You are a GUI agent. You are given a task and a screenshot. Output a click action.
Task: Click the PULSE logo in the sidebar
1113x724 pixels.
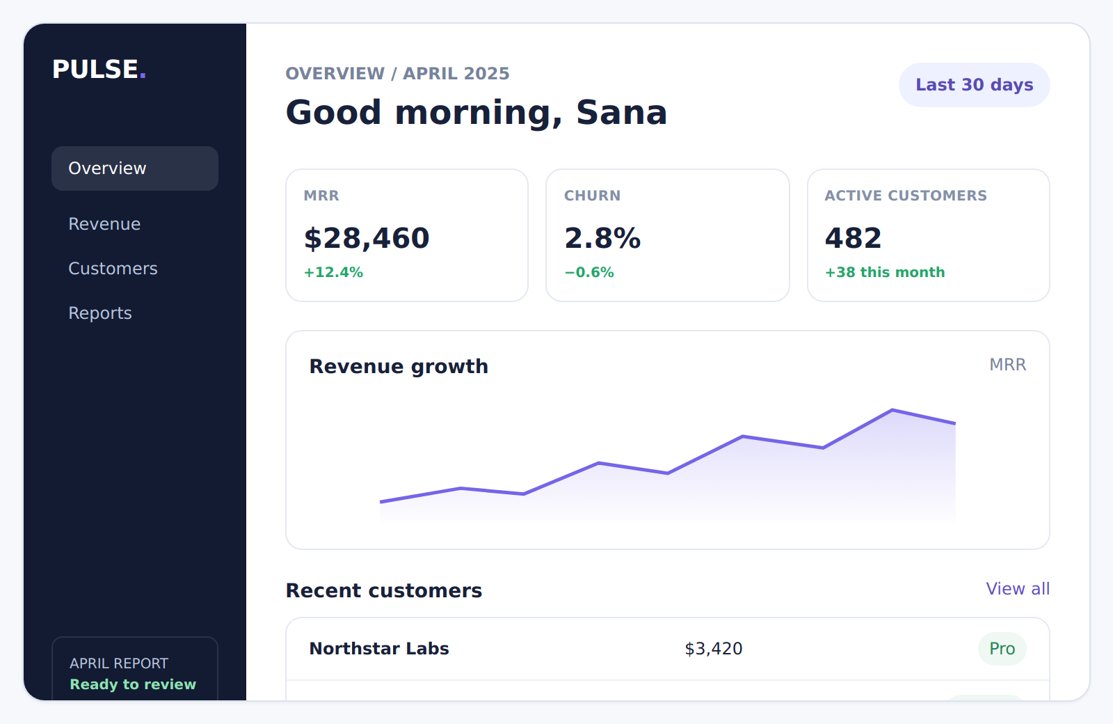(99, 69)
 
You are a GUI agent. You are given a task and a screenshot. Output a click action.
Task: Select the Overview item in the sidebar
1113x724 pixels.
(135, 168)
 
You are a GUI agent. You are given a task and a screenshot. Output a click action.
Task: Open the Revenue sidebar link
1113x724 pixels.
(104, 223)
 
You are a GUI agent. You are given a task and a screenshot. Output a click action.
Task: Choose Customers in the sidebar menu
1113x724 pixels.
(113, 269)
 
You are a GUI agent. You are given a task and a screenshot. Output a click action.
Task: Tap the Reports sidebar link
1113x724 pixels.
(100, 313)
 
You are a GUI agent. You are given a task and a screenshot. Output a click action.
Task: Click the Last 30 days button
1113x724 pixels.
(974, 84)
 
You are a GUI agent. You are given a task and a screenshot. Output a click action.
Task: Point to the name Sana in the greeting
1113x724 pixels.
(621, 112)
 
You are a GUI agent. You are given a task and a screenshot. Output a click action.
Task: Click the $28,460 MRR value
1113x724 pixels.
(367, 238)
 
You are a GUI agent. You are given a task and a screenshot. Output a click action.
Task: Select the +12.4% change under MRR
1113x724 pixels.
(333, 272)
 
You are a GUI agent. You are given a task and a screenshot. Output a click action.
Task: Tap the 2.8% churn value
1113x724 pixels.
(602, 238)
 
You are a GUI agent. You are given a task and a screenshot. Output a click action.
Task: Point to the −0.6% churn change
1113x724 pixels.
(589, 272)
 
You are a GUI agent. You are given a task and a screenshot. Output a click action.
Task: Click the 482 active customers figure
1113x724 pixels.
(853, 238)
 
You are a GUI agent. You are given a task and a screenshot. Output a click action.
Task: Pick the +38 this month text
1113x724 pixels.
(885, 272)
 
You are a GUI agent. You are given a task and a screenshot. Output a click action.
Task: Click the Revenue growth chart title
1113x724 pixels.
(399, 366)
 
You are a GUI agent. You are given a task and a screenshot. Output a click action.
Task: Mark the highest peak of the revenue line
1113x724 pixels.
(892, 410)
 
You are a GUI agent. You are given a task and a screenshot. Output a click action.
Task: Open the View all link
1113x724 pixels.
(1018, 589)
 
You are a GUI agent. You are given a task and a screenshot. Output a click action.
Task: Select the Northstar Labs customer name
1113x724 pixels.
(379, 648)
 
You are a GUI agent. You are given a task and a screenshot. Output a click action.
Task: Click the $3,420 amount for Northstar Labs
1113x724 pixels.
(714, 648)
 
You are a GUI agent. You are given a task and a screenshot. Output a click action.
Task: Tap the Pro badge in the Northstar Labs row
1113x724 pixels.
(1002, 648)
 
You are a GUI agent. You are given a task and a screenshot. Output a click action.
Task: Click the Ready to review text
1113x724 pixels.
(133, 684)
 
